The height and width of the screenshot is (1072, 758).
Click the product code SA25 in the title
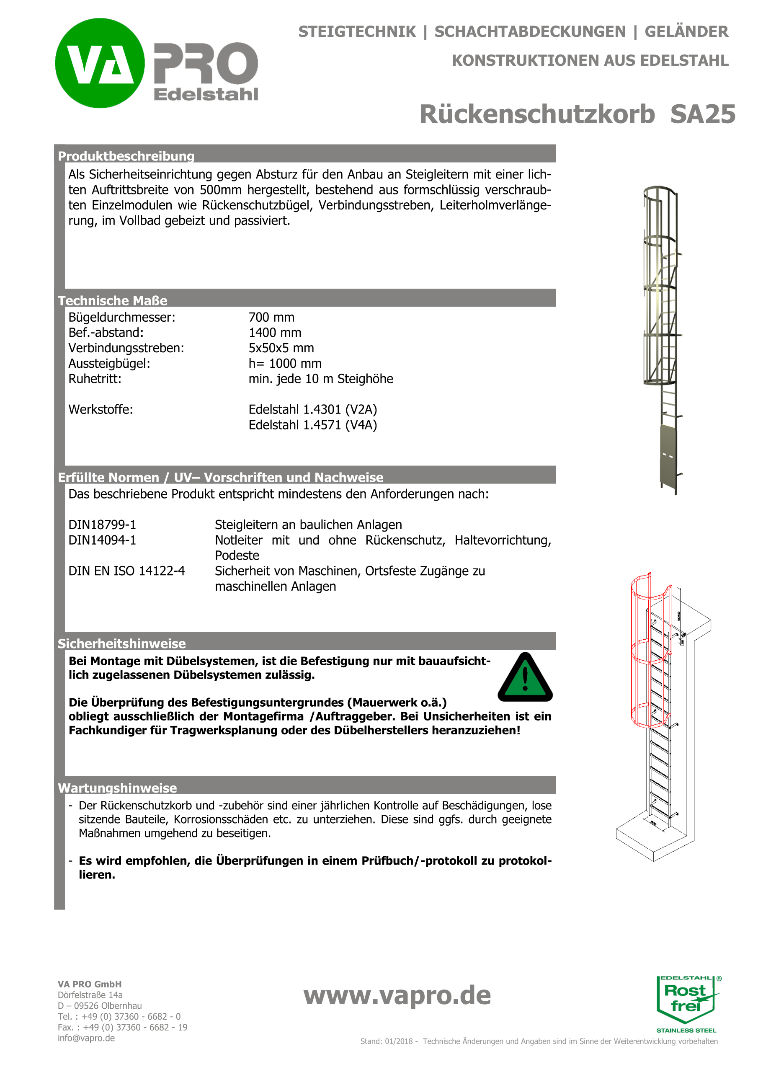pos(702,114)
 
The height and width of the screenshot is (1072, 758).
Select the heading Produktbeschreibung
pos(126,156)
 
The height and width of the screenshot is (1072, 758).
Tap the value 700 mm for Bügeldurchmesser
pos(271,318)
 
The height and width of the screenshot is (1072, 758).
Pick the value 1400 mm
pos(275,333)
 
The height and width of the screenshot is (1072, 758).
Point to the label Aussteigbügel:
pos(109,364)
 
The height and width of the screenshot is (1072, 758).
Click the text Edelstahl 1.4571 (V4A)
pos(312,425)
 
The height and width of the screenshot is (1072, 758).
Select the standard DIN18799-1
pos(102,525)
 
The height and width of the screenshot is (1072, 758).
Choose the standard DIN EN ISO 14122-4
pos(126,571)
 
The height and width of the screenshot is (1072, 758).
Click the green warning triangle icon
pos(525,678)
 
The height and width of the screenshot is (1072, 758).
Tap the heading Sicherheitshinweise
pos(122,644)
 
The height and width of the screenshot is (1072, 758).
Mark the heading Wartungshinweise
pos(117,788)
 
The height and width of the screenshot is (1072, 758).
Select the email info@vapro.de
pos(86,1038)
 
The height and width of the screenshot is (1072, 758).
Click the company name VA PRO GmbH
pos(90,984)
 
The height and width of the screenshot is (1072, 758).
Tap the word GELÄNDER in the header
pos(686,32)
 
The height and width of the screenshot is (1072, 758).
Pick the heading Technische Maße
pos(113,301)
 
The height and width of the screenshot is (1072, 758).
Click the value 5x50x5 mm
pos(281,348)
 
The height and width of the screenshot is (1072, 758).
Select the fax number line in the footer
pos(122,1027)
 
